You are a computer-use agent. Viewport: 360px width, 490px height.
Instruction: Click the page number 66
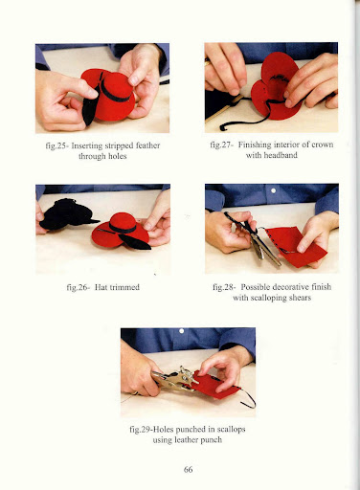coord(188,469)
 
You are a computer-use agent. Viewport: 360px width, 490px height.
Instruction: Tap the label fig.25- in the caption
coord(56,146)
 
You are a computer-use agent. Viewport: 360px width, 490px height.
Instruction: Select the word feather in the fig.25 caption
coord(147,145)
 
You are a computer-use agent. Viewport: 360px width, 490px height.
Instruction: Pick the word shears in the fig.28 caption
coord(300,298)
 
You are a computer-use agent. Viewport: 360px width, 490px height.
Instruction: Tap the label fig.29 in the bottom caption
coord(140,430)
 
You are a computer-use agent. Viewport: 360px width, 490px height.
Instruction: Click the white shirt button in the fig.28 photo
coord(273,190)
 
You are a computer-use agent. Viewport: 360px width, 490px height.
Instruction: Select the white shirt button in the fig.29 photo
coord(182,331)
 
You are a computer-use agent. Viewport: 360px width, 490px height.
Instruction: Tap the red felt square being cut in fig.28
coord(295,246)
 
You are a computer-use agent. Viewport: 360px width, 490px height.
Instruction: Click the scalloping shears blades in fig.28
coord(266,247)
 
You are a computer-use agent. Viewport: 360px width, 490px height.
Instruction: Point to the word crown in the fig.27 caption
coord(323,145)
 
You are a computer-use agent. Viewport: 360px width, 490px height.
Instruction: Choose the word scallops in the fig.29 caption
coord(231,430)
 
